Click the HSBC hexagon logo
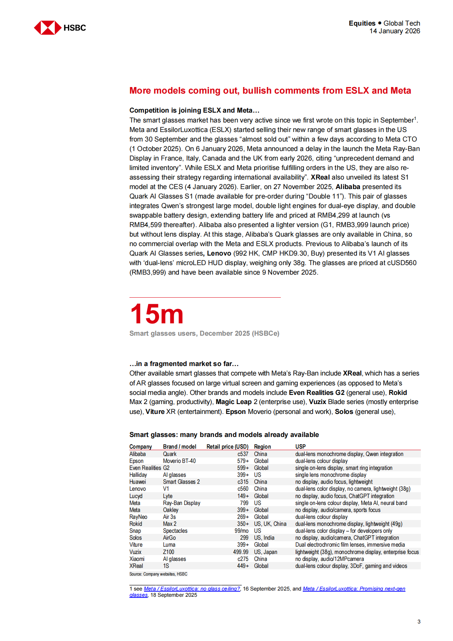pyautogui.click(x=48, y=28)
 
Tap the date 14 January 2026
pyautogui.click(x=395, y=31)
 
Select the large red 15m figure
pyautogui.click(x=157, y=314)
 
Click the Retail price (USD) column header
pyautogui.click(x=227, y=446)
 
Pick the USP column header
pyautogui.click(x=300, y=446)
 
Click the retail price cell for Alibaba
pyautogui.click(x=243, y=454)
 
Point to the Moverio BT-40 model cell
pyautogui.click(x=179, y=461)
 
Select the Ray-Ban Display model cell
pyautogui.click(x=181, y=503)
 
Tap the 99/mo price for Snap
pyautogui.click(x=241, y=531)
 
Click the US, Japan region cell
pyautogui.click(x=265, y=552)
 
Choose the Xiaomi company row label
pyautogui.click(x=137, y=559)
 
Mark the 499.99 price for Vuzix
pyautogui.click(x=241, y=552)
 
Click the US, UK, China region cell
pyautogui.click(x=270, y=524)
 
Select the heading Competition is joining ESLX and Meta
pyautogui.click(x=194, y=110)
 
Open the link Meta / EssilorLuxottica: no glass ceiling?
pyautogui.click(x=192, y=589)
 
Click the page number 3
pyautogui.click(x=419, y=622)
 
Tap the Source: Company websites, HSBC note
pyautogui.click(x=158, y=574)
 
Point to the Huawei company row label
pyautogui.click(x=137, y=482)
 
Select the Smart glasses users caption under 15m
pyautogui.click(x=204, y=333)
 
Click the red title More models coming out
pyautogui.click(x=270, y=91)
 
